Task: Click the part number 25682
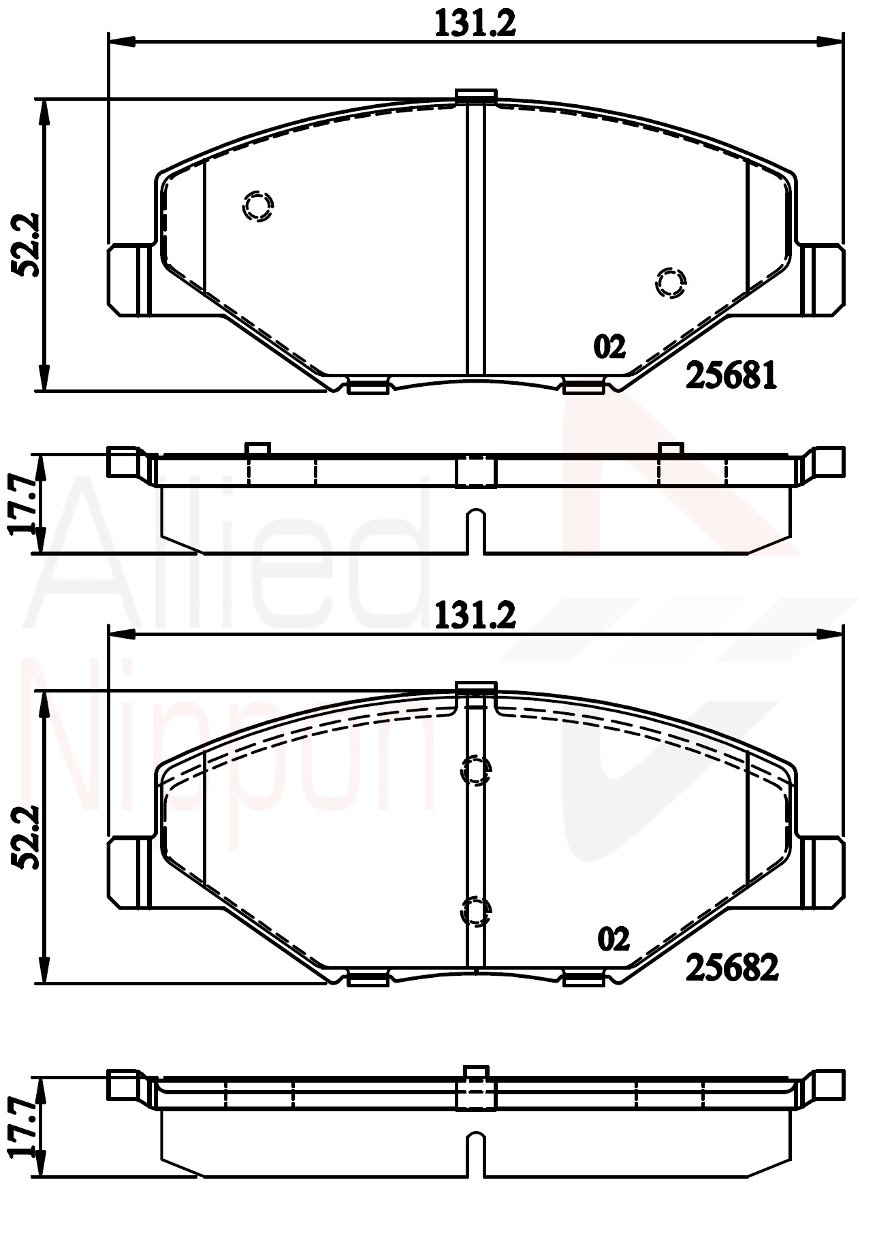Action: tap(731, 967)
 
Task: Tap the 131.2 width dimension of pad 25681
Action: tap(475, 25)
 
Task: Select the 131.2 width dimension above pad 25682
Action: tap(475, 616)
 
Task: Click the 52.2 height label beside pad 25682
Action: tap(27, 838)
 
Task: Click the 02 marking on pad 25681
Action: tap(609, 347)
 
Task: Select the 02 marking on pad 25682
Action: tap(613, 940)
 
